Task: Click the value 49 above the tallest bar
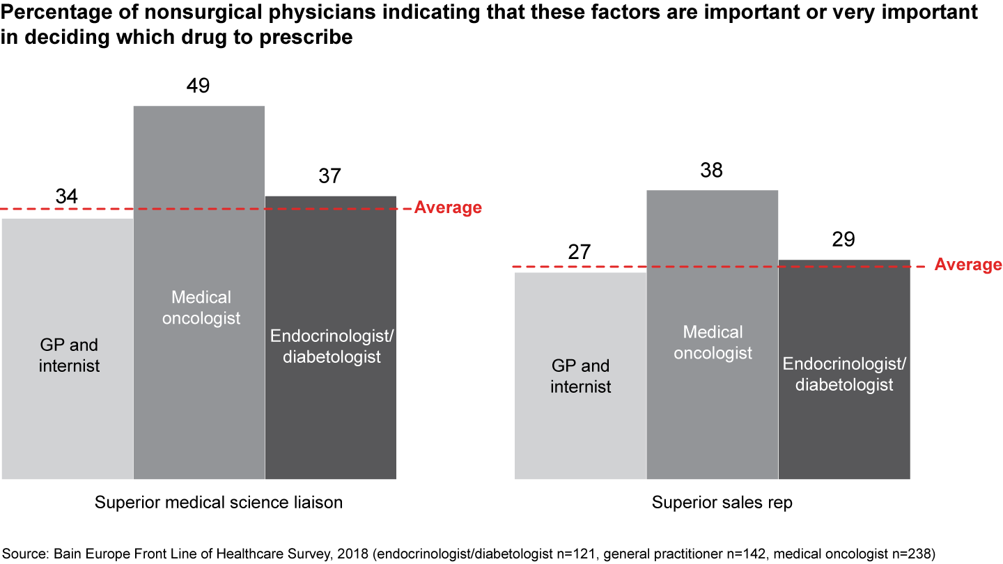tap(199, 86)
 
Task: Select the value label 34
tap(67, 197)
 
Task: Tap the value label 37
tap(330, 175)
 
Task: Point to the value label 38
tap(711, 170)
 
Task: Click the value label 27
tap(580, 252)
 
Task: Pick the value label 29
tap(843, 240)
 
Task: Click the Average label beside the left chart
tap(448, 207)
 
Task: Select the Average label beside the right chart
tap(968, 265)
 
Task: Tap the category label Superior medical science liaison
tap(219, 502)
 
